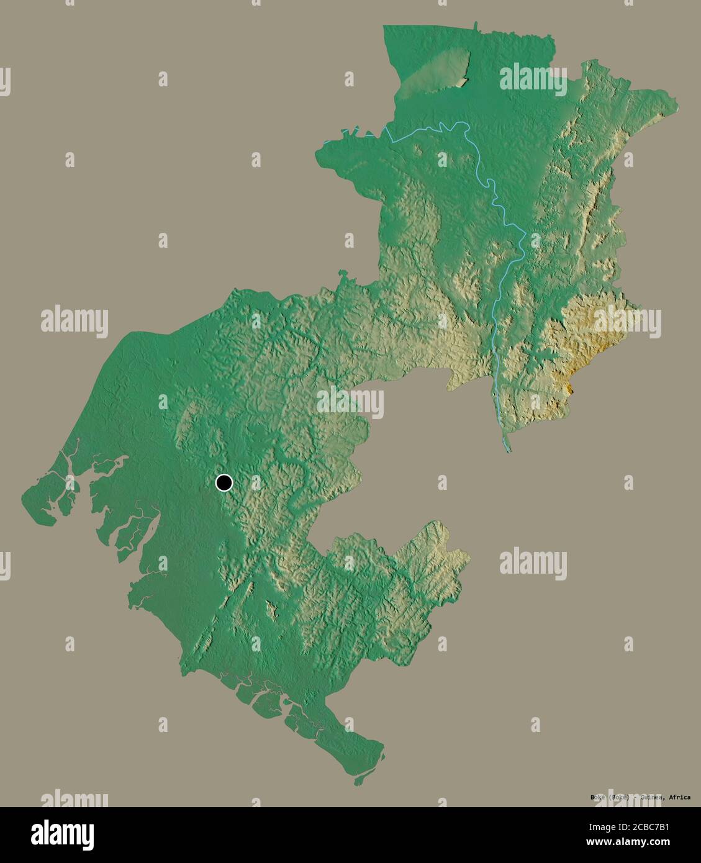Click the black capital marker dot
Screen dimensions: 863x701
(224, 482)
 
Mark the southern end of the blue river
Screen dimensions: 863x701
(507, 448)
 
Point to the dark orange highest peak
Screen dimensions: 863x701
(571, 387)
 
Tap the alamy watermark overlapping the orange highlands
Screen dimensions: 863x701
(627, 321)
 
